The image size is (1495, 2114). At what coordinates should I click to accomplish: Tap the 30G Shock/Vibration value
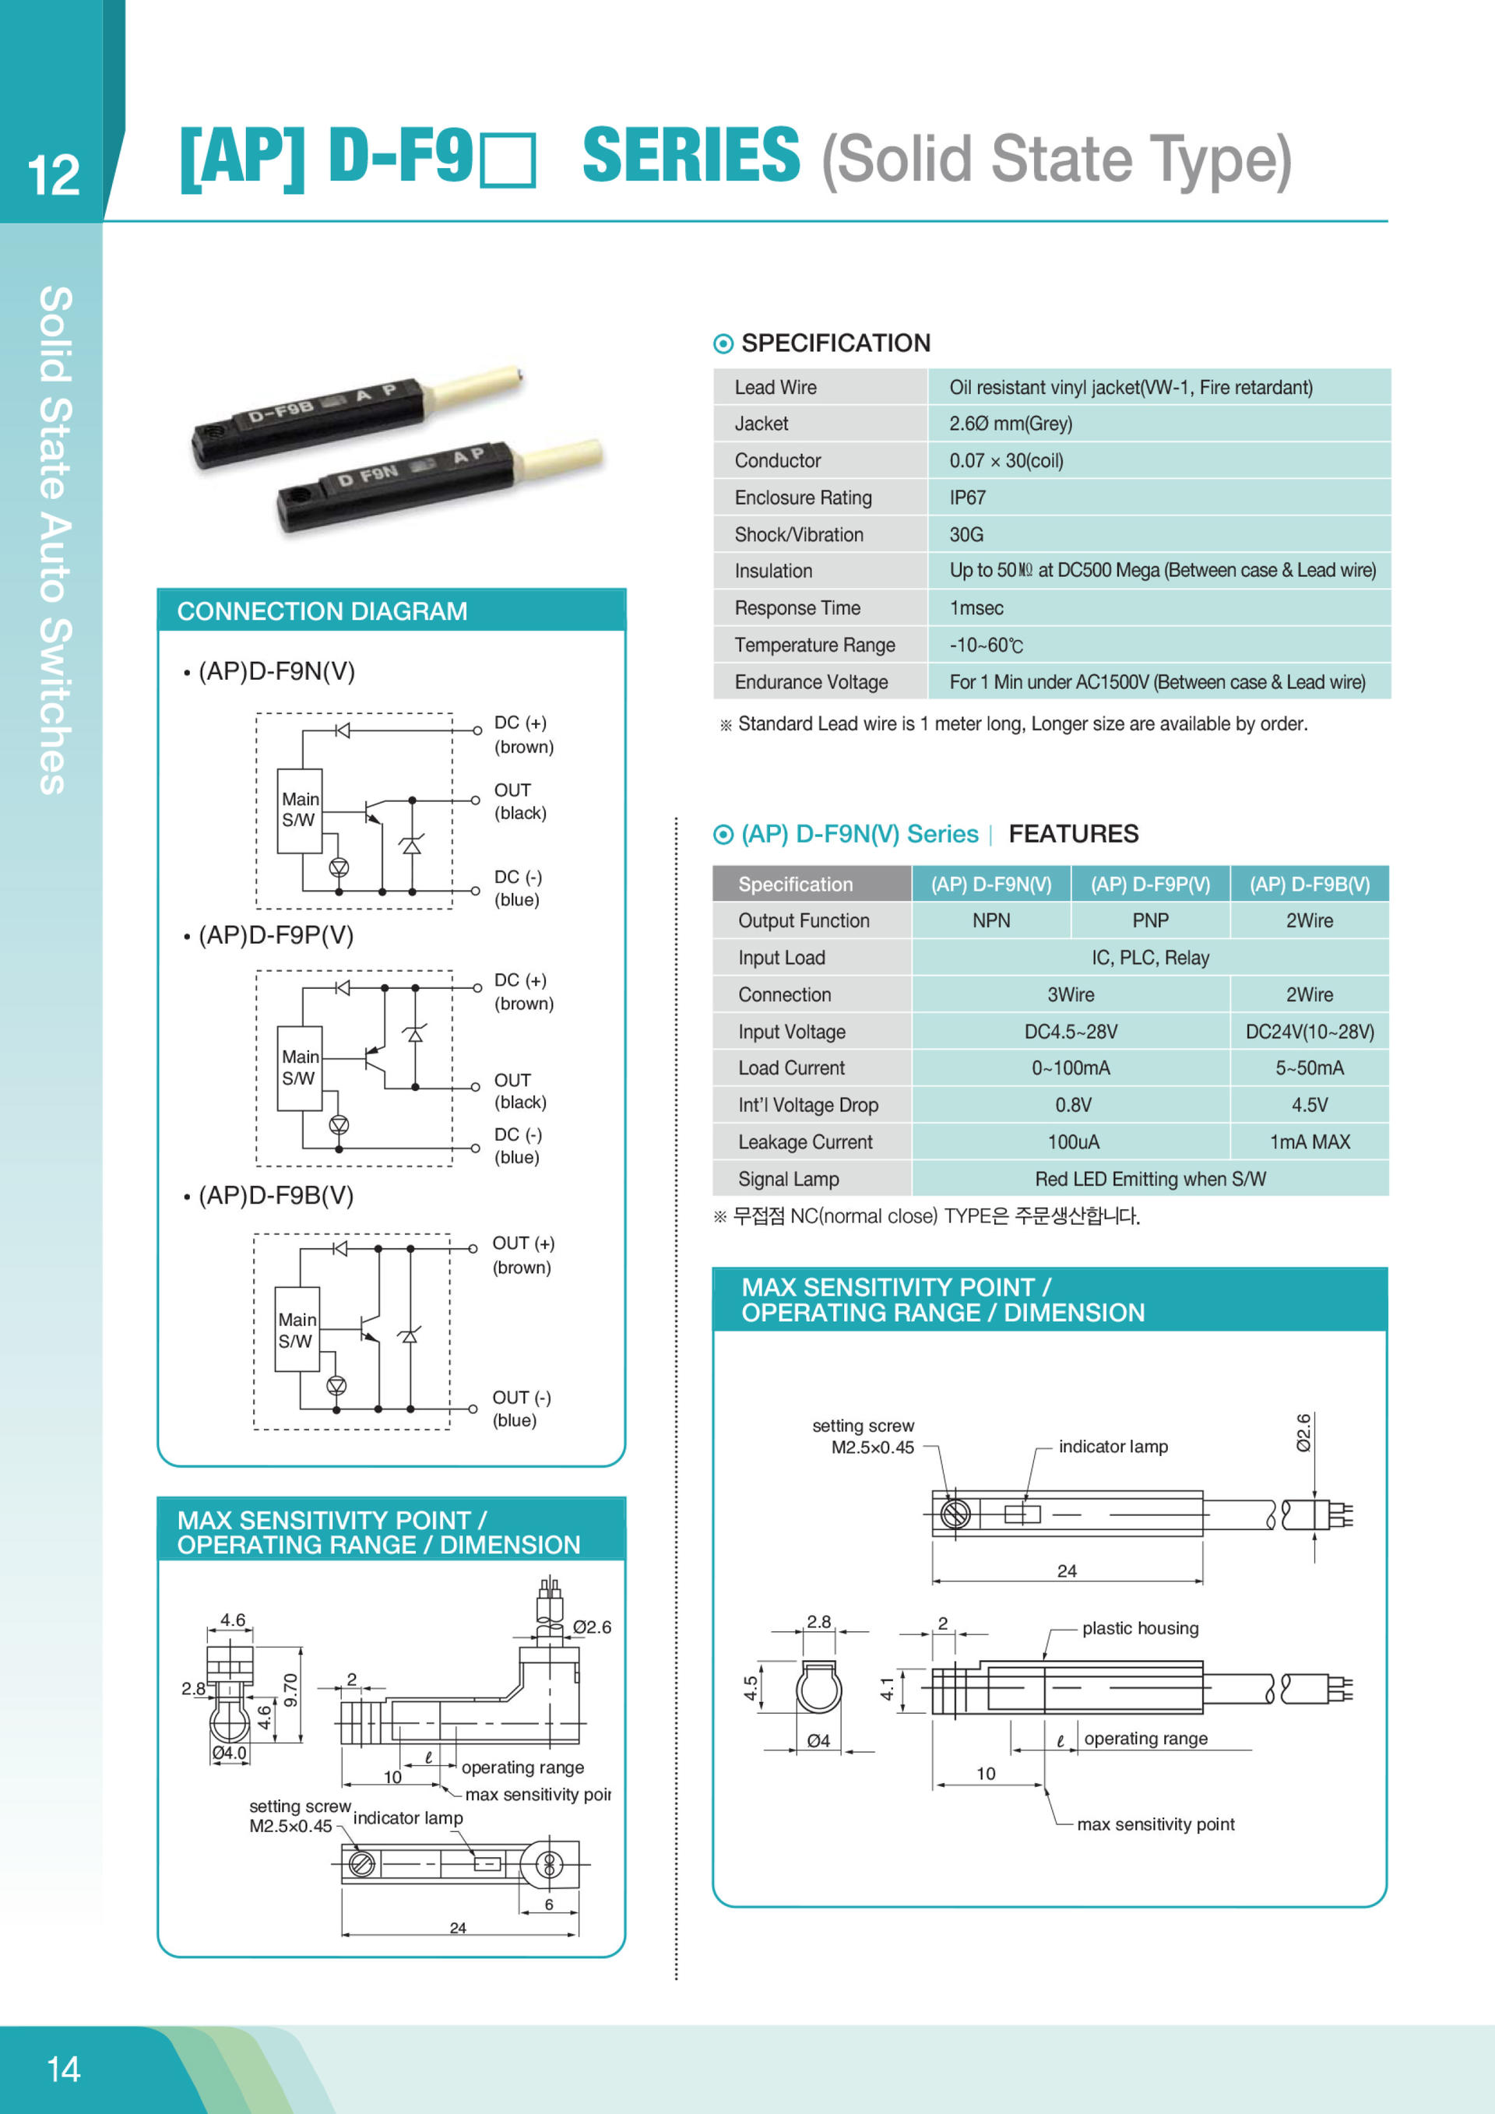(966, 534)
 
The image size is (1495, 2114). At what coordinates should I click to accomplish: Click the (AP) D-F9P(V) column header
(1150, 884)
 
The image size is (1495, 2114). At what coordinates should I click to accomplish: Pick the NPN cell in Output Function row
(990, 920)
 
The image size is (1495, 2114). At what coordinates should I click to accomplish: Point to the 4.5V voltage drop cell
(1308, 1105)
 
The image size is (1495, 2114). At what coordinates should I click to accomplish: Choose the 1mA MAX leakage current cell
(1308, 1141)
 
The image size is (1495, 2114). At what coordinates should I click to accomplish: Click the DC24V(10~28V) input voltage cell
(1308, 1031)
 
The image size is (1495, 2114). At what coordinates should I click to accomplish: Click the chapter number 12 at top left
(54, 175)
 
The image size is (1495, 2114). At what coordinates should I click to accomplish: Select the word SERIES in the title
(691, 156)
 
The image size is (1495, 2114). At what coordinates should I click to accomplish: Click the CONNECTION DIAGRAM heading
(322, 611)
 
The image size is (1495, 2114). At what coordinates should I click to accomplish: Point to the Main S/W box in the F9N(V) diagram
(300, 811)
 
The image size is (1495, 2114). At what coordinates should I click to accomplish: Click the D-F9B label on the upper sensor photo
(281, 412)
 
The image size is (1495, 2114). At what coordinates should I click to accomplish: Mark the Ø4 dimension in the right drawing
(818, 1740)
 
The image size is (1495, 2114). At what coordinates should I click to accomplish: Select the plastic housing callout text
(1140, 1628)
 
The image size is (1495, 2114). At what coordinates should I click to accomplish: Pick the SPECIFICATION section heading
(835, 343)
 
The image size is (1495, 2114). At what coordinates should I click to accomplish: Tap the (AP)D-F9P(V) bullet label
(275, 934)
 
